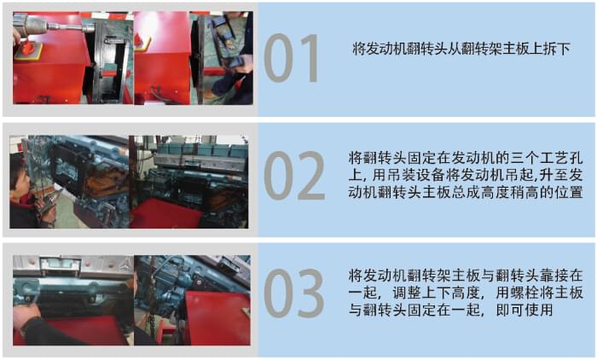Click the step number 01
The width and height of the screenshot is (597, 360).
click(292, 58)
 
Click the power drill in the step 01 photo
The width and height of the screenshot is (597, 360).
click(43, 26)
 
